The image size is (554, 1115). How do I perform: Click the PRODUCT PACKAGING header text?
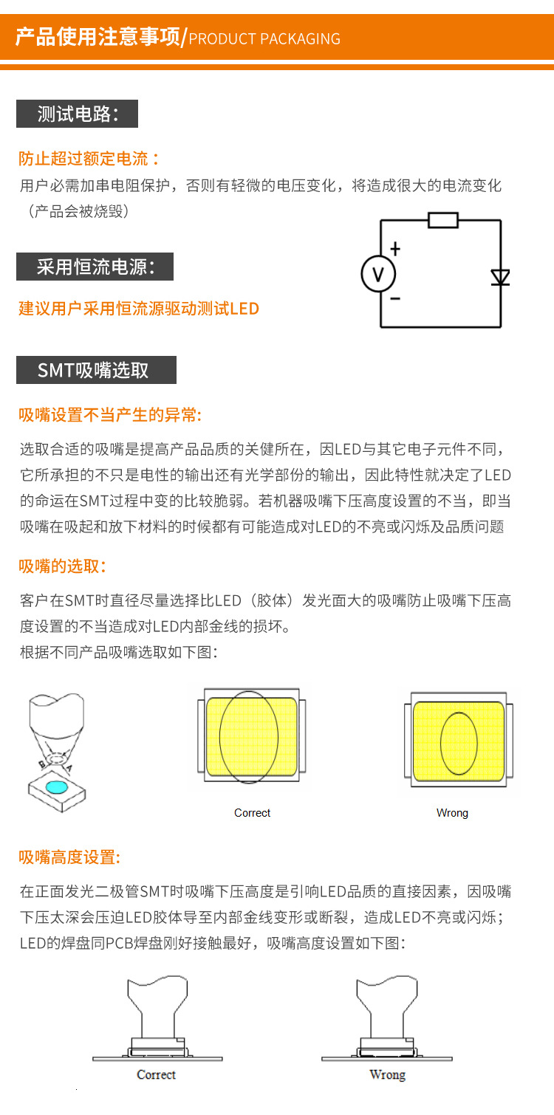coord(264,39)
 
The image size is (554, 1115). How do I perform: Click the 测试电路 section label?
coord(77,114)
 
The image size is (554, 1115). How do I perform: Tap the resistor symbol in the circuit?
coord(443,220)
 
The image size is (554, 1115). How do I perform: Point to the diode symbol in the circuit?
coord(501,278)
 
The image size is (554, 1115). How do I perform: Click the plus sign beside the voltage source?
coord(395,250)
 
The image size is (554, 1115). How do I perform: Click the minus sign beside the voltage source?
coord(395,299)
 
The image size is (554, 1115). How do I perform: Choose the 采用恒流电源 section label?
coord(95,267)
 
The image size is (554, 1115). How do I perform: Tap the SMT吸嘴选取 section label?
coord(96,370)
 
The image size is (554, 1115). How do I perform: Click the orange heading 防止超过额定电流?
coord(89,158)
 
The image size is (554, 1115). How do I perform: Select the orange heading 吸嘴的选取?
coord(63,566)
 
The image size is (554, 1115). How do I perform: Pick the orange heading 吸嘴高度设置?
coord(69,857)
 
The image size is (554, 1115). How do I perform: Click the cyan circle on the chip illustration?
coord(55,786)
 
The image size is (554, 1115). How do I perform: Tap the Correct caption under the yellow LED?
coord(252,813)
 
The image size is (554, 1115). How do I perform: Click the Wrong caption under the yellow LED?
coord(452,813)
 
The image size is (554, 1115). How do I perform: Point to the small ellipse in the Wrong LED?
coord(459,744)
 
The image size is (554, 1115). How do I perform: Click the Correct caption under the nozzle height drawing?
coord(156,1074)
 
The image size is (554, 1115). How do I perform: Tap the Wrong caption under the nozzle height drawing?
coord(387,1074)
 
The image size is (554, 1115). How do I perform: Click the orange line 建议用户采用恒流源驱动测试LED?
coord(139,308)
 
